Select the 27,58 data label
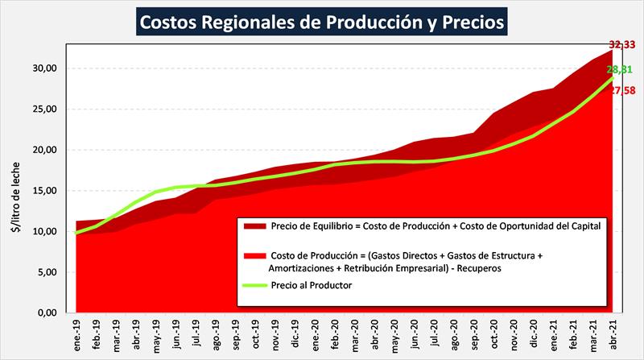(621, 91)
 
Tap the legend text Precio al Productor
(313, 283)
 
